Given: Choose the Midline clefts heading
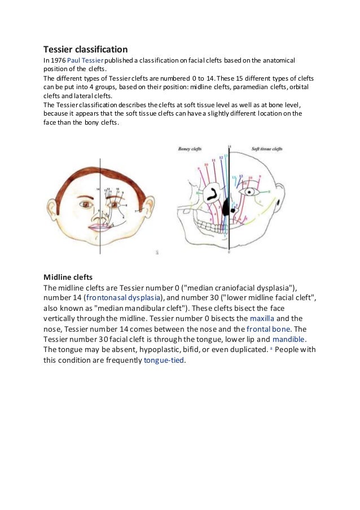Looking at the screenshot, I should point(68,277).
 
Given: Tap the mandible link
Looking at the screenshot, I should point(289,339).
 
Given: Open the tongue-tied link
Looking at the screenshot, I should point(164,360).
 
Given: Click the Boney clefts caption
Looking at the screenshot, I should point(191,149).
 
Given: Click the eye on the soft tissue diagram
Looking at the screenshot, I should point(253,192).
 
